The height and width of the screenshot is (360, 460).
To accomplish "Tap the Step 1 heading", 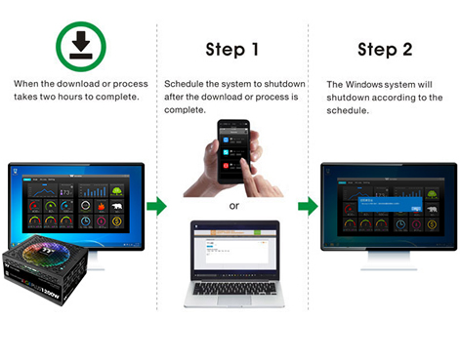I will click(231, 50).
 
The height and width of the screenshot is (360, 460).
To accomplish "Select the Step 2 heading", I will click(384, 50).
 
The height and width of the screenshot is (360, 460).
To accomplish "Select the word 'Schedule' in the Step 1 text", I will click(185, 85).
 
